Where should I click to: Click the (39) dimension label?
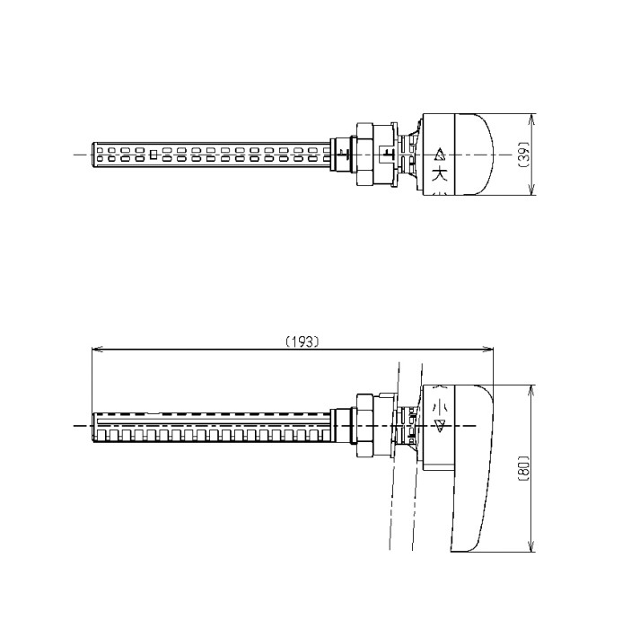(x=523, y=155)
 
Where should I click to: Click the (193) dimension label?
(x=302, y=341)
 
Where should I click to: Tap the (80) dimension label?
(x=523, y=468)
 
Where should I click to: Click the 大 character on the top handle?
(x=440, y=174)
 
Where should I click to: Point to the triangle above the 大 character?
(x=440, y=155)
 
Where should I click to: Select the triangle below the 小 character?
(x=440, y=426)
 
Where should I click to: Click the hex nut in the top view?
(x=364, y=155)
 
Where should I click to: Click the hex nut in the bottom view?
(x=364, y=425)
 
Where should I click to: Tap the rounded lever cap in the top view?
(x=473, y=154)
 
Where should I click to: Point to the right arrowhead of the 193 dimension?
(x=488, y=350)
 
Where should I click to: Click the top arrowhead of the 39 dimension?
(x=531, y=119)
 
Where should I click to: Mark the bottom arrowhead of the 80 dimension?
(x=531, y=547)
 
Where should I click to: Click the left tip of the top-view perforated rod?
(x=92, y=155)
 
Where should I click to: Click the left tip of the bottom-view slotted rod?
(x=93, y=428)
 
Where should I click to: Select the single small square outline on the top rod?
(x=153, y=155)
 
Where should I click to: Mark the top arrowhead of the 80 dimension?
(x=531, y=390)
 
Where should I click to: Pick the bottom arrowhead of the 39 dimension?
(x=531, y=190)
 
